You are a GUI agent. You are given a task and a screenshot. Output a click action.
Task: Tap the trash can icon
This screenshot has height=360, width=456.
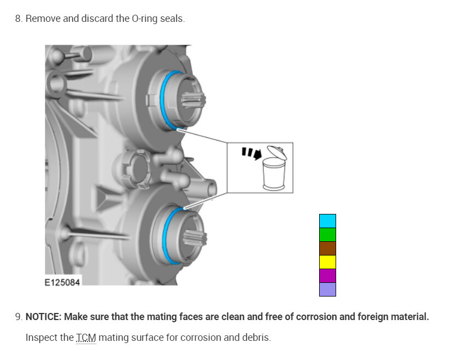(x=274, y=168)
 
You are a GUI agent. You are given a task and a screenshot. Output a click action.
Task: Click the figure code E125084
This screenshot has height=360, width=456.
(x=62, y=282)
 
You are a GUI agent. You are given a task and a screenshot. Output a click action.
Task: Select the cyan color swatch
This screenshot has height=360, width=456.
(x=327, y=221)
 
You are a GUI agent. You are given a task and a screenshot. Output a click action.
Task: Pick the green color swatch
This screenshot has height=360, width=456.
(x=327, y=235)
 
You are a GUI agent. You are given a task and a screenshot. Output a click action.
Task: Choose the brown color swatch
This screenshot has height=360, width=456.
(x=327, y=248)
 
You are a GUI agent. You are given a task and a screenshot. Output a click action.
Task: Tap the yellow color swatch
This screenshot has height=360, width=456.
(x=327, y=262)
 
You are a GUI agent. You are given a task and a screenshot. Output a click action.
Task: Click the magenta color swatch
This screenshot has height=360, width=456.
(x=327, y=276)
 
